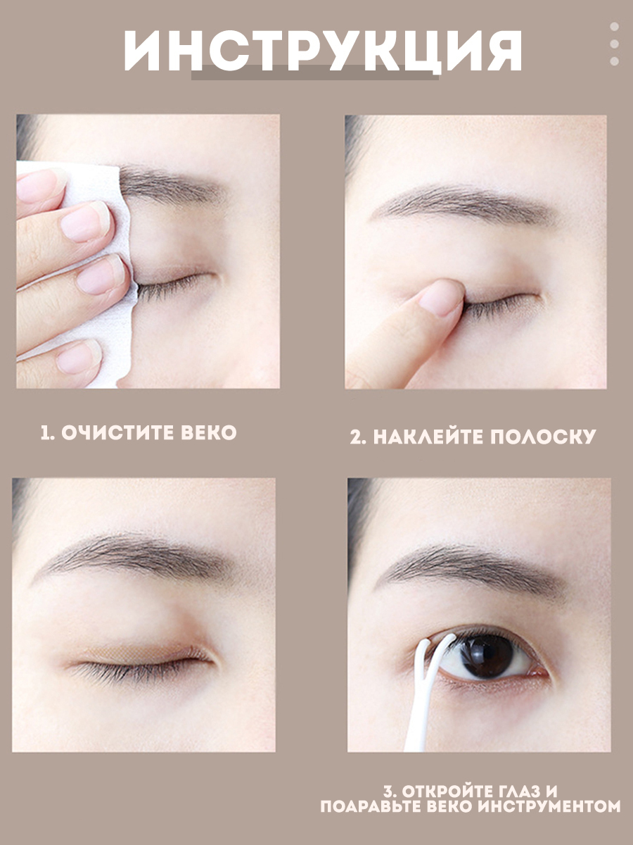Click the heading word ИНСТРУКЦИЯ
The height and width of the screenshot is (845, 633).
323,50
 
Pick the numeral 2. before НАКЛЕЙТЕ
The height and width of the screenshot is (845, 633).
358,437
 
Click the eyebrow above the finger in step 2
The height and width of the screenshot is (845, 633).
465,204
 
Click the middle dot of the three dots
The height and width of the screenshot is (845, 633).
614,44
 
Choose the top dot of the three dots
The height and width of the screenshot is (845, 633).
614,26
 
